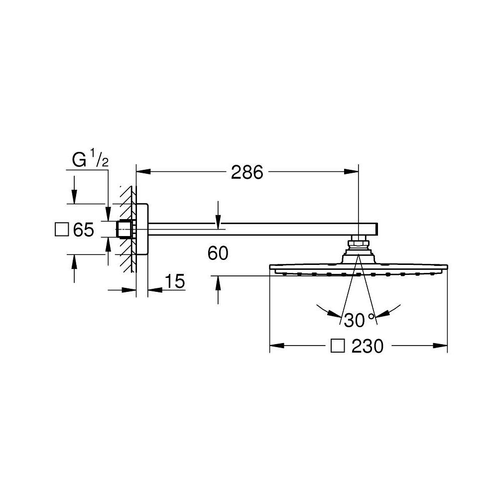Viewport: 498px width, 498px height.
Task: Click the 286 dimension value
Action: pyautogui.click(x=247, y=172)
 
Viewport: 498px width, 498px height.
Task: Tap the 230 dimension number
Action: pyautogui.click(x=368, y=346)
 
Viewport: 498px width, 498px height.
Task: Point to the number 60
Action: pyautogui.click(x=218, y=253)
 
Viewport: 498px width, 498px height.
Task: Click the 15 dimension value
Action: pyautogui.click(x=175, y=281)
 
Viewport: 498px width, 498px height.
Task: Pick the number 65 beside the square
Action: pyautogui.click(x=84, y=230)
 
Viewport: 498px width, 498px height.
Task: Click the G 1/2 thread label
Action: pyautogui.click(x=90, y=159)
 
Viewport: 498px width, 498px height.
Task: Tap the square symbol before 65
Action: pyautogui.click(x=62, y=229)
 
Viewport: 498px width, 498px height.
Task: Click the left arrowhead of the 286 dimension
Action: pyautogui.click(x=143, y=171)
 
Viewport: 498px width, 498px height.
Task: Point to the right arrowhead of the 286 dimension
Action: pyautogui.click(x=351, y=171)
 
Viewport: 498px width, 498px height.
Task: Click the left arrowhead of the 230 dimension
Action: pyautogui.click(x=276, y=345)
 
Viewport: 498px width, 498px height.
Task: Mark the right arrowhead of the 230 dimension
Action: pyautogui.click(x=441, y=345)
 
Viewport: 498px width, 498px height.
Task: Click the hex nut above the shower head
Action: pyautogui.click(x=358, y=244)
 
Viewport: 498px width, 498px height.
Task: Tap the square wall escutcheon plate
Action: pyautogui.click(x=142, y=229)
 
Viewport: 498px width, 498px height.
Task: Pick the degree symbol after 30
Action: pyautogui.click(x=371, y=316)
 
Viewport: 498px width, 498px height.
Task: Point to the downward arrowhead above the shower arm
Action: pyautogui.click(x=218, y=222)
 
